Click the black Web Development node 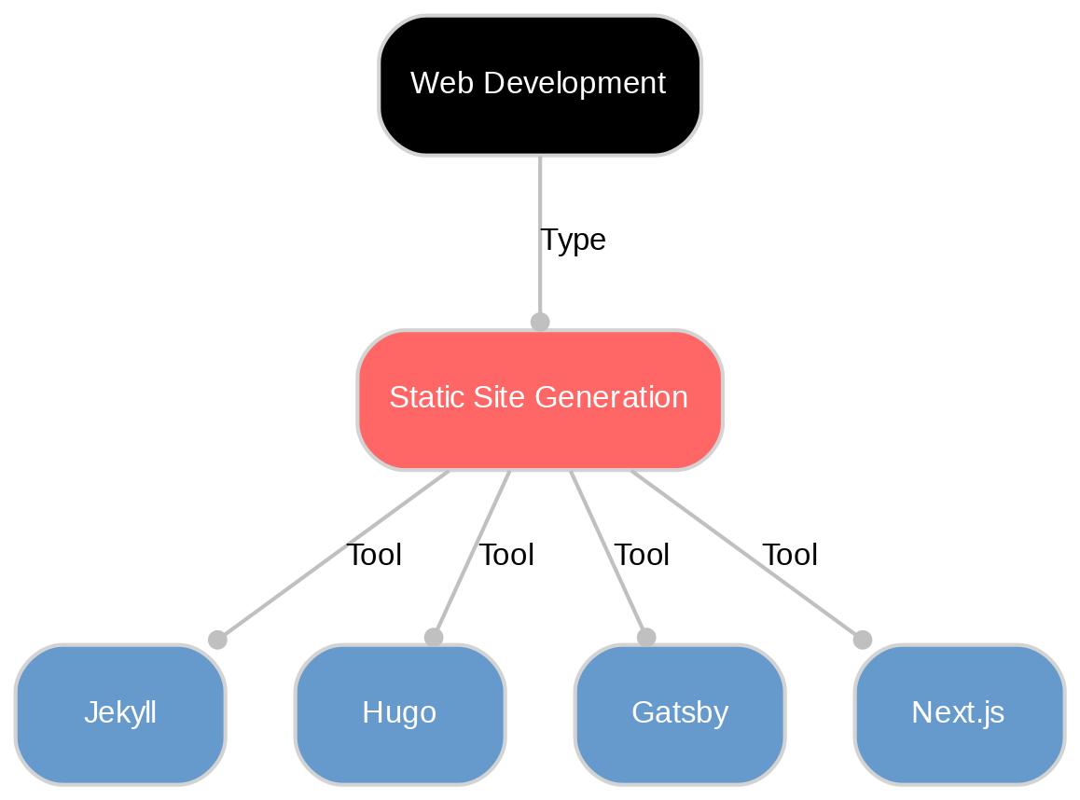tap(540, 85)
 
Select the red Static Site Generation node tap(540, 399)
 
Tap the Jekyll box tap(120, 713)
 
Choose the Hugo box tap(400, 713)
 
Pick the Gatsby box tap(680, 713)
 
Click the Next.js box tap(959, 713)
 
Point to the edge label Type tap(573, 241)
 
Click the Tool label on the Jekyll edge tap(374, 556)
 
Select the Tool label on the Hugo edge tap(506, 556)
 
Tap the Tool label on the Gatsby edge tap(642, 556)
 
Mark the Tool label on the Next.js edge tap(790, 556)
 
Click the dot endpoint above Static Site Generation tap(540, 322)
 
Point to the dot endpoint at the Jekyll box tap(217, 640)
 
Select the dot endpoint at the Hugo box tap(433, 637)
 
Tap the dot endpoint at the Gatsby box tap(646, 637)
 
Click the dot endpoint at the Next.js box tap(863, 640)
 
